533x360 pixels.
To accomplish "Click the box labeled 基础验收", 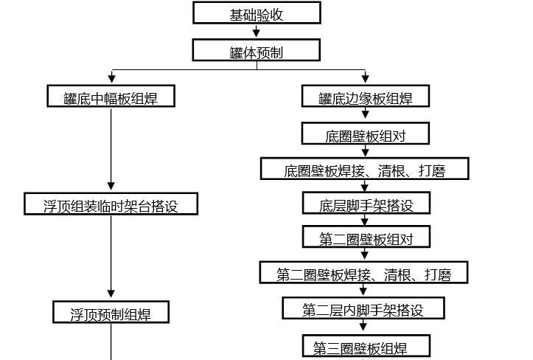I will point(257,13).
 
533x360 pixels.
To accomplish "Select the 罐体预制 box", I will point(257,51).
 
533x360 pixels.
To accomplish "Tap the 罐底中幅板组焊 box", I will point(111,97).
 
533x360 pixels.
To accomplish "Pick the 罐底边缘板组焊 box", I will point(365,97).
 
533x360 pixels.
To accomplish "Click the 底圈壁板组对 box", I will point(365,134).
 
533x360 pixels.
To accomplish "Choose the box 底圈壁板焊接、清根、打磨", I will point(365,170).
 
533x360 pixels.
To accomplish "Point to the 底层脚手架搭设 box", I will point(365,204).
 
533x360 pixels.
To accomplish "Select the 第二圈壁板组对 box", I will point(365,238).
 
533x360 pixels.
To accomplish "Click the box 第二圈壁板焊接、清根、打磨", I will point(364,274).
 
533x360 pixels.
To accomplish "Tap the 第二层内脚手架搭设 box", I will point(363,309).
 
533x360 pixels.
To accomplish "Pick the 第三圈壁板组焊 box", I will point(365,347).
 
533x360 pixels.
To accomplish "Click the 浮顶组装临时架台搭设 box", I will point(111,205).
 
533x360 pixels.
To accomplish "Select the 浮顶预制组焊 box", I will point(111,313).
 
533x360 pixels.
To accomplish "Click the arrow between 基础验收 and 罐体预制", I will point(257,32).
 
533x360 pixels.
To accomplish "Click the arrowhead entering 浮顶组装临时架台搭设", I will point(111,187).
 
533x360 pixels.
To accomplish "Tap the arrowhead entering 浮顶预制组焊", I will point(111,294).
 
